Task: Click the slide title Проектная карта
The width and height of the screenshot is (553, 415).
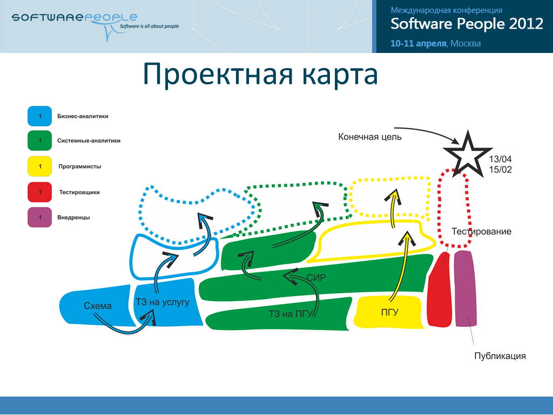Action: [260, 74]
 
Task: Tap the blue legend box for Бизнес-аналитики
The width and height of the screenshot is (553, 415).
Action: [39, 116]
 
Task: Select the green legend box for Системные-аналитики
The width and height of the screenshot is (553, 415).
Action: [39, 140]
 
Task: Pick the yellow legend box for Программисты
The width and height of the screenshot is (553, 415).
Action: [39, 166]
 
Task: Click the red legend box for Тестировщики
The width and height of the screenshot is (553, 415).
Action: [39, 192]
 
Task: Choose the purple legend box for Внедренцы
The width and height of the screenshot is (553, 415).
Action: [39, 217]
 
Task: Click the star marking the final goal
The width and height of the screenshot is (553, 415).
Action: [467, 153]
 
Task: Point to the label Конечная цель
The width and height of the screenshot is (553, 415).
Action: [370, 137]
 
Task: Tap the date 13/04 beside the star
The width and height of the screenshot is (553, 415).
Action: [500, 159]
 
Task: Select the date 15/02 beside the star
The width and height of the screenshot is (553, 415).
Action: [500, 170]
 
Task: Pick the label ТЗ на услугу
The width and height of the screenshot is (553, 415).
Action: [163, 302]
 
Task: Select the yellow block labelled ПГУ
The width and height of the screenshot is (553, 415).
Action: [389, 312]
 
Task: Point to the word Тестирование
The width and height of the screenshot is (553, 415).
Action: [481, 232]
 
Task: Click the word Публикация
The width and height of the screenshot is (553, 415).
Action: [500, 356]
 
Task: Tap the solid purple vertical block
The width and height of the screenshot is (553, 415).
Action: [464, 289]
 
